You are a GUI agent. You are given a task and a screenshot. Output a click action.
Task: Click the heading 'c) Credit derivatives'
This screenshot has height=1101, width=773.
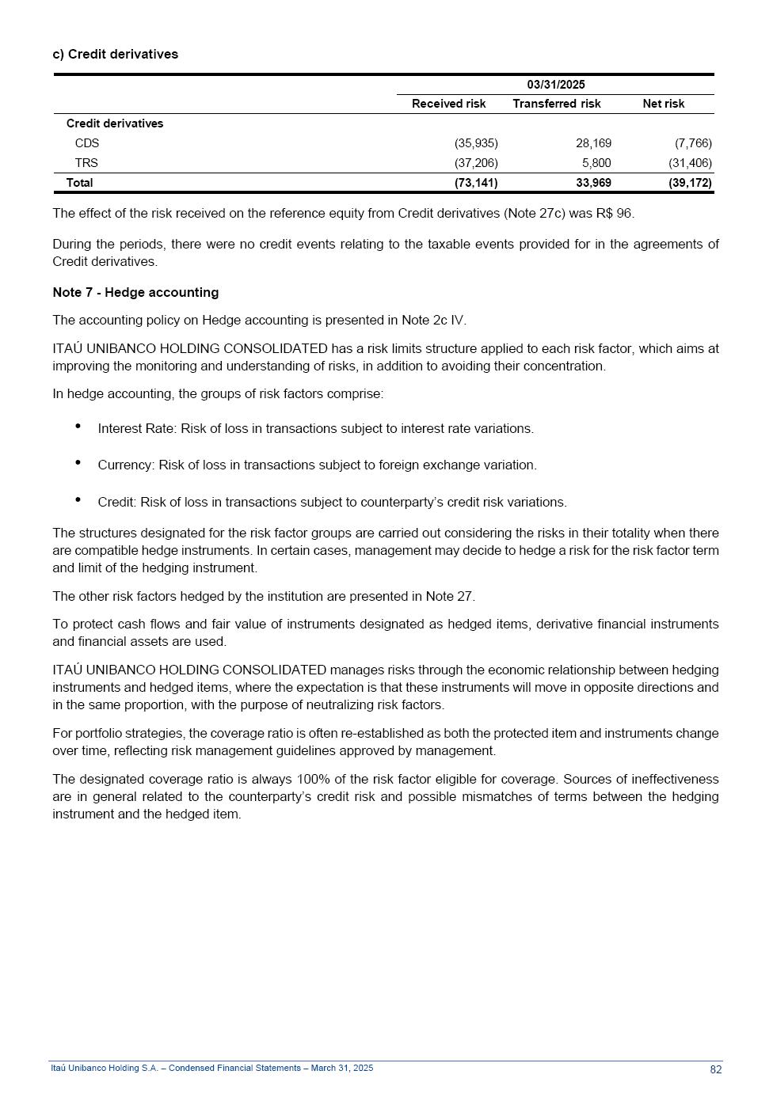pyautogui.click(x=116, y=54)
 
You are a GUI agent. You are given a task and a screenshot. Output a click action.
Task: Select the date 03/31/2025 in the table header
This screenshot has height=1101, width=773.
pyautogui.click(x=556, y=85)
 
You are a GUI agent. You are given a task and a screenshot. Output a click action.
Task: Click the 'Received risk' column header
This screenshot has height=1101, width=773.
pyautogui.click(x=448, y=104)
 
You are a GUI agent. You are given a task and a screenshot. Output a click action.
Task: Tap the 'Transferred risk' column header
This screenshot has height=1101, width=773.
pyautogui.click(x=556, y=104)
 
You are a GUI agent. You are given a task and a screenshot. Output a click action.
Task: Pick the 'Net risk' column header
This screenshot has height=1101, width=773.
pyautogui.click(x=663, y=104)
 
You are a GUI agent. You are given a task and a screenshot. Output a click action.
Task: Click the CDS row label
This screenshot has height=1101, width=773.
pyautogui.click(x=87, y=143)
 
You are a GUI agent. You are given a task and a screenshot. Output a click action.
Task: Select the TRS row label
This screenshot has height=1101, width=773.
pyautogui.click(x=86, y=163)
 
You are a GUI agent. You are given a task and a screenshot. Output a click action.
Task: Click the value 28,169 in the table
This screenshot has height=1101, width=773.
pyautogui.click(x=593, y=143)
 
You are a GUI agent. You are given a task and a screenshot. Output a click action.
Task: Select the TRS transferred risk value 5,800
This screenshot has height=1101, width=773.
pyautogui.click(x=596, y=163)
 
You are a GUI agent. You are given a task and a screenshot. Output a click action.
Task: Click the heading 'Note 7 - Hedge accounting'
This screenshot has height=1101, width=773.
pyautogui.click(x=135, y=292)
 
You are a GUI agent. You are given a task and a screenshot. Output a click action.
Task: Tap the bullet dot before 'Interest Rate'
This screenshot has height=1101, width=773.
pyautogui.click(x=78, y=426)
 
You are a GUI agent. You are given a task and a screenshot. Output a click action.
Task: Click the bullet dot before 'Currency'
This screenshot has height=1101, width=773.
pyautogui.click(x=78, y=462)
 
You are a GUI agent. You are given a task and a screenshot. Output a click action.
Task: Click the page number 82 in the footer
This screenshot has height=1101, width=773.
pyautogui.click(x=715, y=1069)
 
